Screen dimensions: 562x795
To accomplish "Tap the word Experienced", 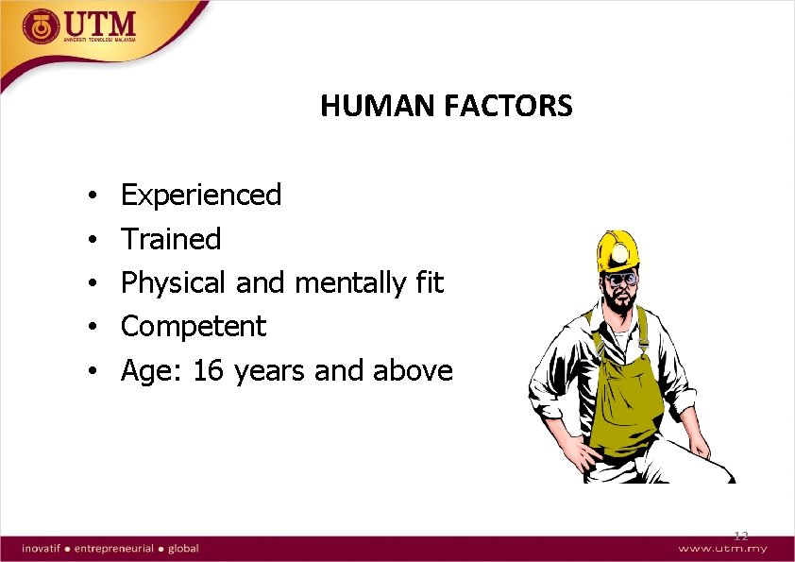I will tap(201, 196).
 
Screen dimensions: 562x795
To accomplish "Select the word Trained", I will tap(171, 239).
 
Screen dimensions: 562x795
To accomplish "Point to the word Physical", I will tap(174, 283).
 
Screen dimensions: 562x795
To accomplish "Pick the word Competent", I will tap(194, 327).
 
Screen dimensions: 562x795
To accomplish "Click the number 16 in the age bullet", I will tap(209, 371).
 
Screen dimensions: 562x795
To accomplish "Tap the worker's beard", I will tap(618, 307).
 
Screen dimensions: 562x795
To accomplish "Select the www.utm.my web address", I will tap(722, 548).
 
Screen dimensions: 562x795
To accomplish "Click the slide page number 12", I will tap(740, 536).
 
